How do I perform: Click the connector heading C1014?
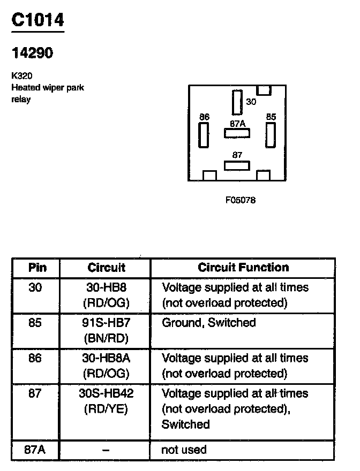(x=37, y=20)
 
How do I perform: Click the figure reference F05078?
(x=241, y=200)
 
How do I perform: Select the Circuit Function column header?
(x=243, y=268)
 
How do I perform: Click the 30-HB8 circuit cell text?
(x=106, y=287)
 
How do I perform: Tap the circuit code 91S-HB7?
(x=106, y=323)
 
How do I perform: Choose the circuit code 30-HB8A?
(x=106, y=358)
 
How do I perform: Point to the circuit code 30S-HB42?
(x=106, y=393)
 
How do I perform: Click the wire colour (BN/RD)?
(x=106, y=338)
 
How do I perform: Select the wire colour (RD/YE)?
(x=106, y=409)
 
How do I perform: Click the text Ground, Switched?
(x=209, y=323)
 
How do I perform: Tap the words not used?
(x=184, y=450)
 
